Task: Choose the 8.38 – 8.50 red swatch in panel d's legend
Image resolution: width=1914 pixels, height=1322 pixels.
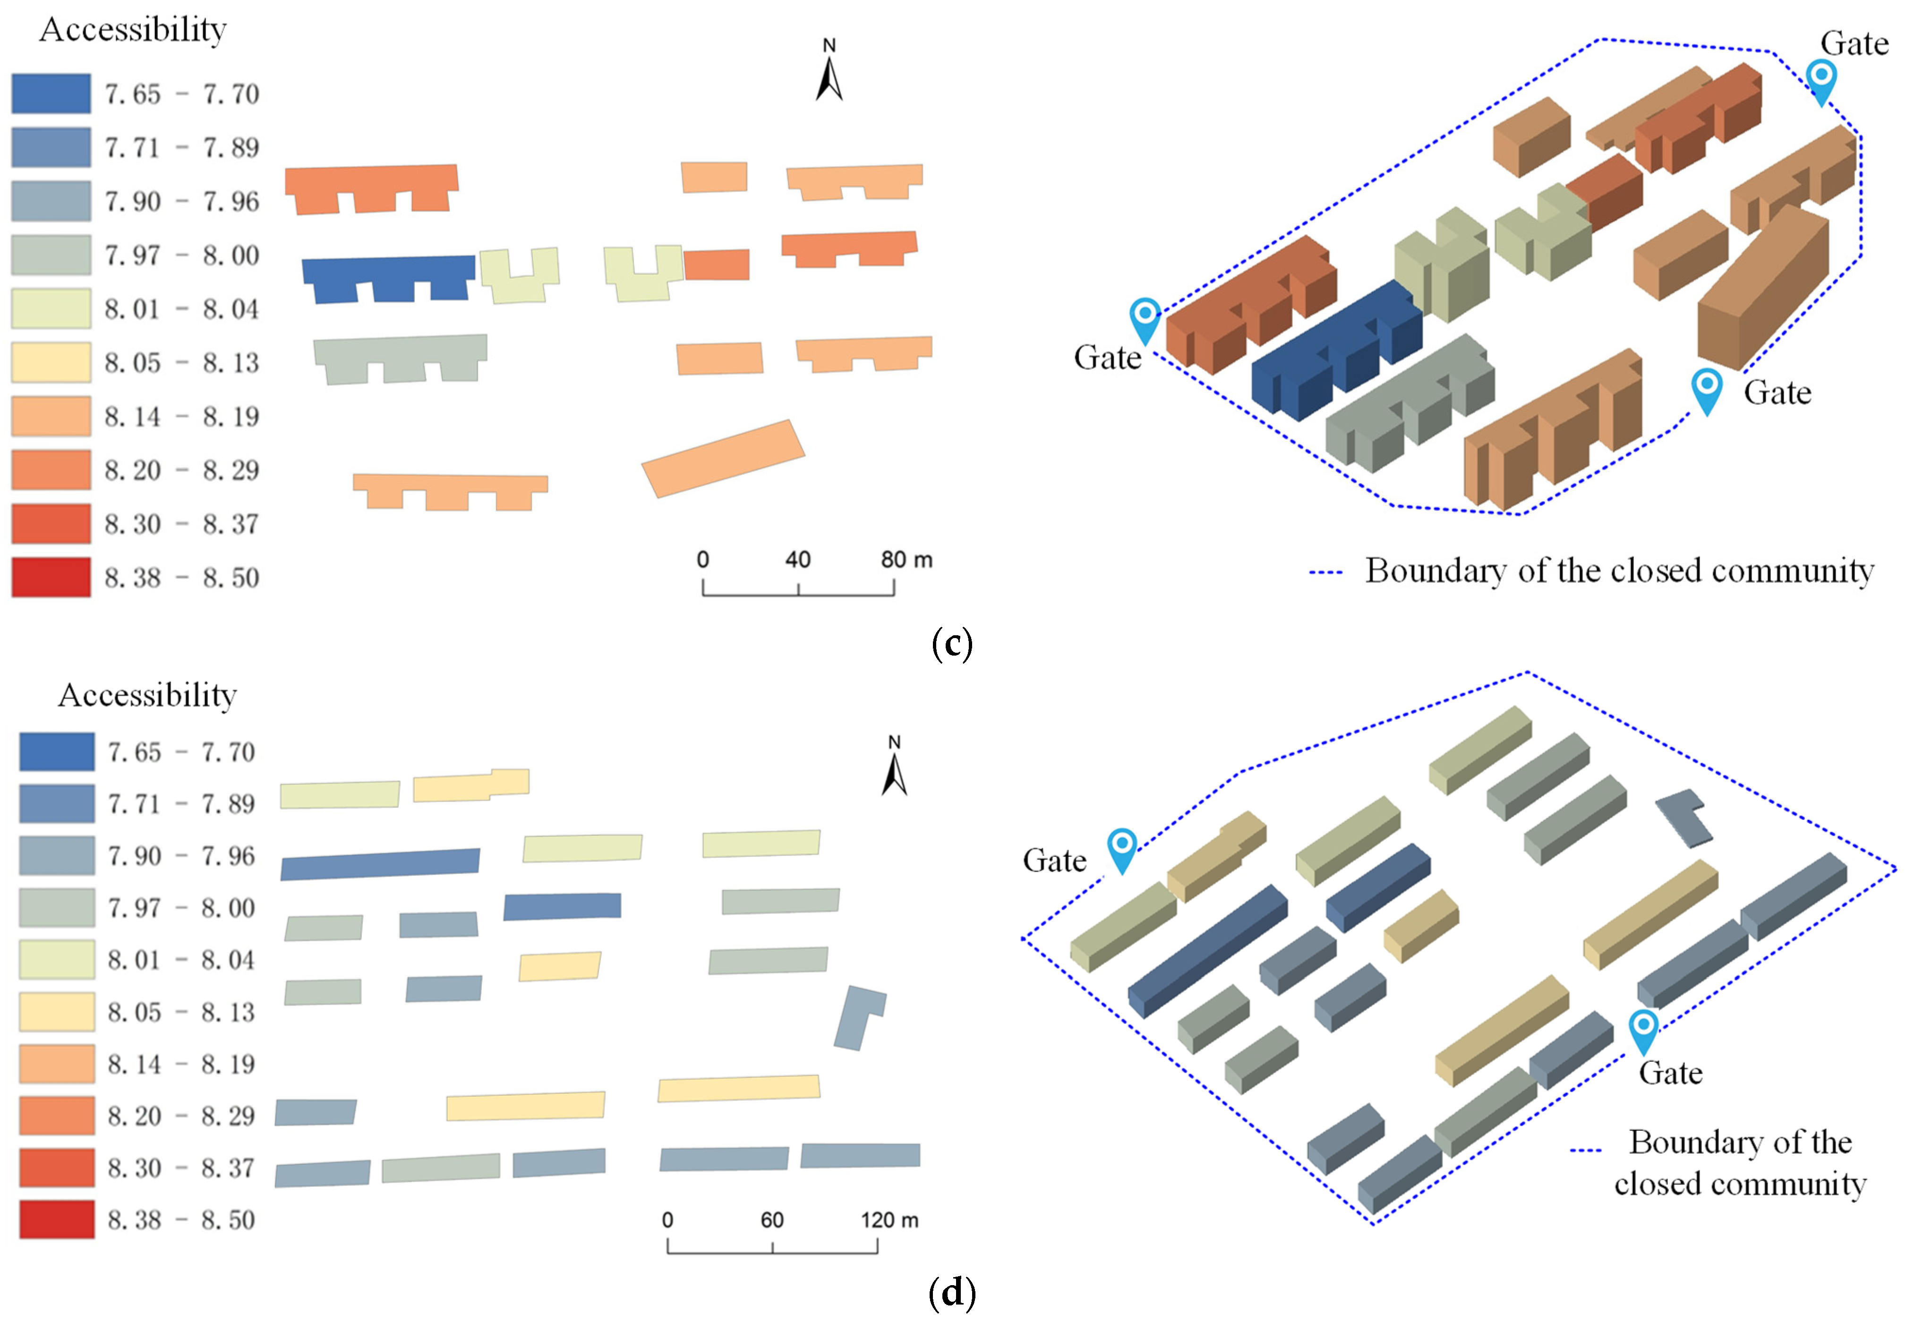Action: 56,1220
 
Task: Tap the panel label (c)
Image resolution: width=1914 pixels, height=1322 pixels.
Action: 952,644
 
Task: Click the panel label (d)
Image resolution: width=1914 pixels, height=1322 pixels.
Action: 952,1292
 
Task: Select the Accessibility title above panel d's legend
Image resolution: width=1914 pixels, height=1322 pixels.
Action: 147,695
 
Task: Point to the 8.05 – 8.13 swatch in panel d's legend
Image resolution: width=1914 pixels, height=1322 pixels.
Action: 56,1011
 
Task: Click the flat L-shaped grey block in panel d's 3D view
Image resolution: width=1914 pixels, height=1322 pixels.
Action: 1681,816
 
